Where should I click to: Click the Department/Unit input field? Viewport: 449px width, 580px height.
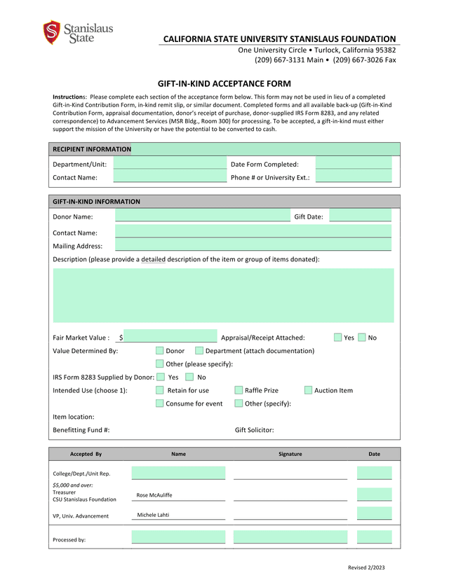point(170,164)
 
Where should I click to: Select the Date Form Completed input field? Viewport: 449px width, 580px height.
point(353,164)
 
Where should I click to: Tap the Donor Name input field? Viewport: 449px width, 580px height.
point(202,216)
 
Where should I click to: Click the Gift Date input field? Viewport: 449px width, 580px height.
point(360,216)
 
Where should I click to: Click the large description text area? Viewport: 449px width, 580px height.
point(223,295)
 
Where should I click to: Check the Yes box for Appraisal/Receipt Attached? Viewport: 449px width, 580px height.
point(338,338)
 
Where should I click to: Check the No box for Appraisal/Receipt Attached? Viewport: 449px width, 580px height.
point(362,338)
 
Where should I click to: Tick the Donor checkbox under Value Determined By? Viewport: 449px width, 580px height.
point(160,350)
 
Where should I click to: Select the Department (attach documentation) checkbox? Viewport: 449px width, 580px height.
point(199,350)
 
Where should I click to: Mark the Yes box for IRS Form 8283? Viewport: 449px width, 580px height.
point(161,377)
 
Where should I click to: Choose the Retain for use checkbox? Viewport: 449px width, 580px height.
point(160,390)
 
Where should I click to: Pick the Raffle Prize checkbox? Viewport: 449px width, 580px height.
point(239,390)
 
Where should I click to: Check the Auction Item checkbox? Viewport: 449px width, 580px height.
point(308,390)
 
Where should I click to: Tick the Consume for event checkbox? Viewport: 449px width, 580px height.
point(160,403)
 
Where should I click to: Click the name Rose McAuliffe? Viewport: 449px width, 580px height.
point(154,495)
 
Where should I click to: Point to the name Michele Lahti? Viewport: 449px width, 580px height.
point(153,515)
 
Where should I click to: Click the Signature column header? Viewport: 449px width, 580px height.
point(290,454)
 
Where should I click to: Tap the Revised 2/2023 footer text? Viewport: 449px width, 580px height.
point(367,567)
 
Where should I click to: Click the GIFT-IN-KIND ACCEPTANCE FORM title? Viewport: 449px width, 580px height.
point(224,83)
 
